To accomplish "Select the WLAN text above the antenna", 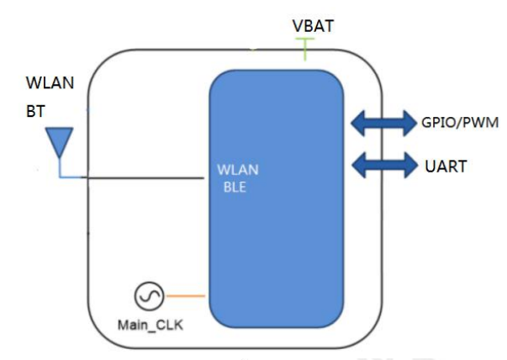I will click(50, 82).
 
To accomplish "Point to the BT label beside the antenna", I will click(36, 110).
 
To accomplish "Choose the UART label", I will click(441, 166).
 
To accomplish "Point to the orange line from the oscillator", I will click(184, 296).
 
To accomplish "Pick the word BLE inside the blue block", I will click(235, 188).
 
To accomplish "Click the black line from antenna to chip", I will click(143, 177).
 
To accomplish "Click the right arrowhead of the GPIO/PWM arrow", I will click(405, 124).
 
